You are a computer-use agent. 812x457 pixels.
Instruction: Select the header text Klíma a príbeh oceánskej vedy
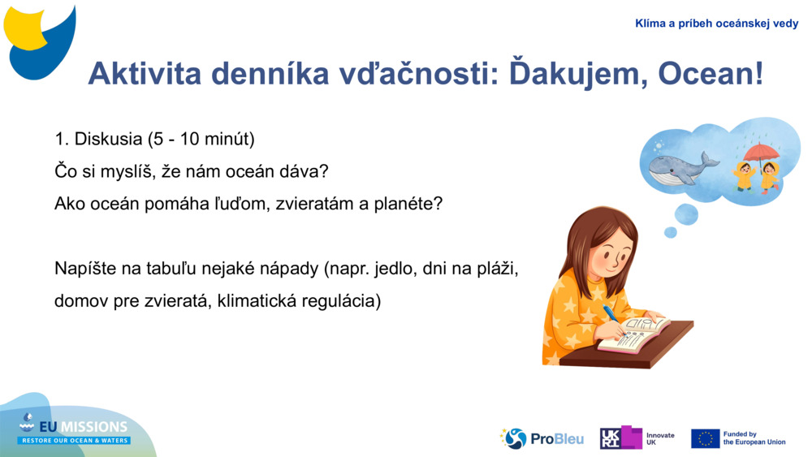coord(716,24)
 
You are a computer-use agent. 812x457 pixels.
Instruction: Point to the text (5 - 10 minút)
coord(201,139)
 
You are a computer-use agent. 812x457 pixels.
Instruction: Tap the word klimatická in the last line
coord(259,301)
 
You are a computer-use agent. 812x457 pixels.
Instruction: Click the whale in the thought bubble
coord(680,167)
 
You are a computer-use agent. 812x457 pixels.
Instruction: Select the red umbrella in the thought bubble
coord(761,152)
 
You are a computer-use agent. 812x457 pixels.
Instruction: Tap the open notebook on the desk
coord(634,334)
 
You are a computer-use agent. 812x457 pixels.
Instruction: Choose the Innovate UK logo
coord(637,438)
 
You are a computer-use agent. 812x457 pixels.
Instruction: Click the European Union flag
coord(705,438)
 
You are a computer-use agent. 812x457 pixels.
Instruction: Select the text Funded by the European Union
coord(754,438)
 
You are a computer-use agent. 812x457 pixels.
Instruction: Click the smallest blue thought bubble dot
coord(670,233)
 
